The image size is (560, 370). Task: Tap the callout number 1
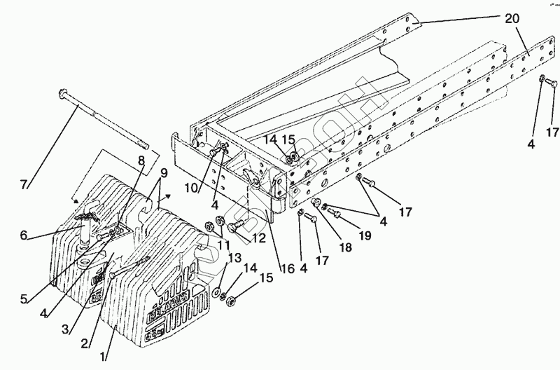105,355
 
